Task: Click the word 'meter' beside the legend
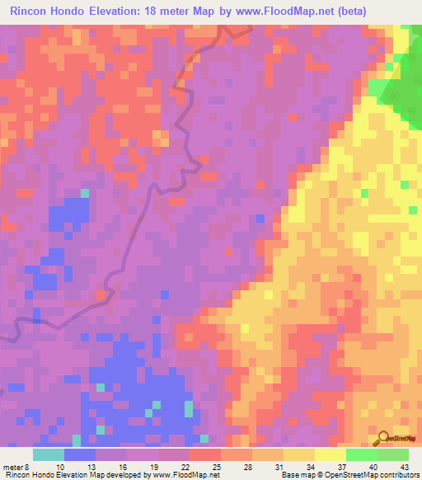(12, 467)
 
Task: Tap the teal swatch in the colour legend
(49, 454)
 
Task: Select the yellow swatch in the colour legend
(331, 454)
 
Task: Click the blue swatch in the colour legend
(80, 454)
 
